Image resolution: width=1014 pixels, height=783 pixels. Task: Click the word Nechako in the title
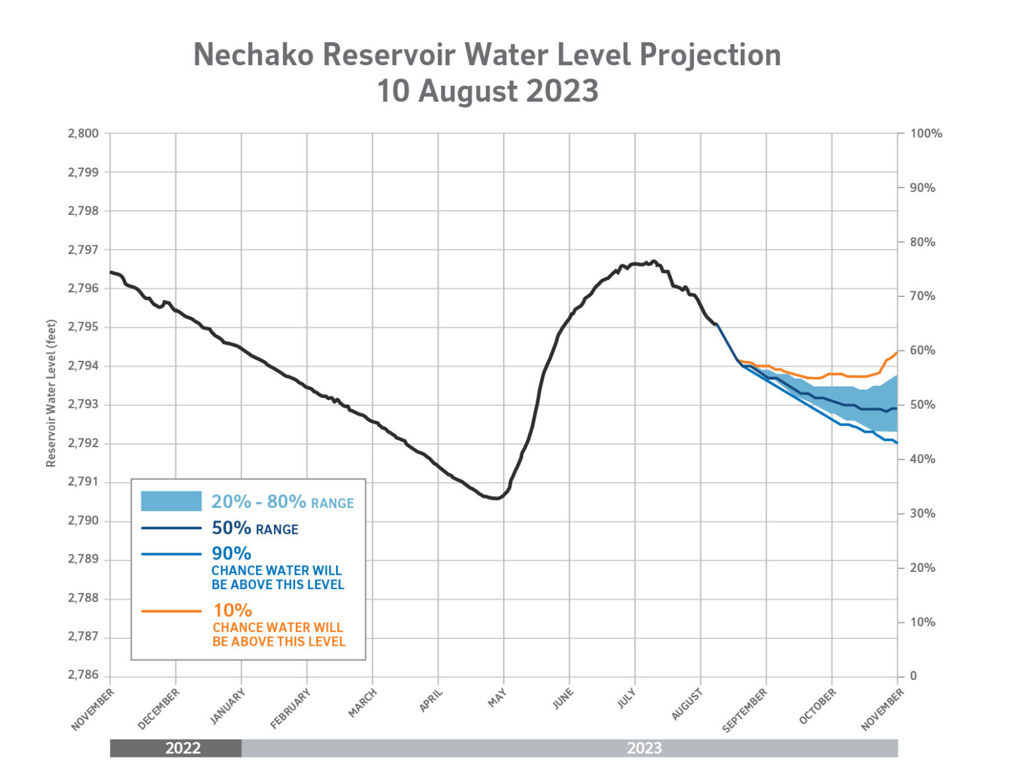point(253,55)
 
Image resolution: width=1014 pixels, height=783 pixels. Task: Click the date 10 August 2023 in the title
point(487,91)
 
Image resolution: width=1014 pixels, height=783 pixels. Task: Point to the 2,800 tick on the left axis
point(83,133)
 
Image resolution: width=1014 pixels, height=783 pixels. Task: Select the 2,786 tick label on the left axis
point(83,675)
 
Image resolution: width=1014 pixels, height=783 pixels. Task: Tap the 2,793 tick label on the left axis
point(83,404)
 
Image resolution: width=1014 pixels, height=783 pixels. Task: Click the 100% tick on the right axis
point(926,133)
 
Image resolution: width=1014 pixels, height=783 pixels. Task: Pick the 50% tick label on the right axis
point(923,404)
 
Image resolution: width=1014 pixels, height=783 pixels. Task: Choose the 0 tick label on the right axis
point(914,675)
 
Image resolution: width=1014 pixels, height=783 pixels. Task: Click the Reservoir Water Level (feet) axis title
point(51,393)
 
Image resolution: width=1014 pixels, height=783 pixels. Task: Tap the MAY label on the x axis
point(497,698)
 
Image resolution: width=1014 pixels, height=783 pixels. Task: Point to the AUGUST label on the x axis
point(687,704)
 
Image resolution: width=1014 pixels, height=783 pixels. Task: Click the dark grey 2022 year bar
point(176,748)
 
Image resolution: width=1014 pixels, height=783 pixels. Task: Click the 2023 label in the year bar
point(644,748)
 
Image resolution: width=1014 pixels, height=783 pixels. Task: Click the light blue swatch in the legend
point(171,501)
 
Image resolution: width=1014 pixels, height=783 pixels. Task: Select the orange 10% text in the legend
point(232,610)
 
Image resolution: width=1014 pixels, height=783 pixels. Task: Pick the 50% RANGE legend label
point(255,528)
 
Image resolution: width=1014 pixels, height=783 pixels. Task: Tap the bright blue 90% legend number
point(231,553)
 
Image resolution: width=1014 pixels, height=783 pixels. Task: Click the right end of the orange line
point(896,352)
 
